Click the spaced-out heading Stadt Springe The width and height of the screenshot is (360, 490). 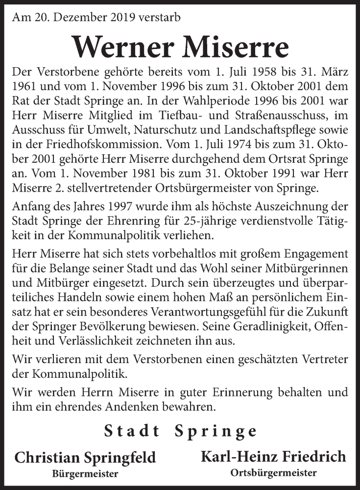point(180,431)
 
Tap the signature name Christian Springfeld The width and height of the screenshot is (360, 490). point(85,458)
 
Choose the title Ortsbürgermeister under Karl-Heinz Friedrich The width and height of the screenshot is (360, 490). point(273,473)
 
